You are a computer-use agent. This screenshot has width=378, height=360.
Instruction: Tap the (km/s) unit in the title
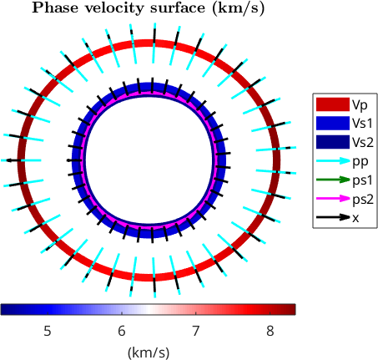tap(238, 8)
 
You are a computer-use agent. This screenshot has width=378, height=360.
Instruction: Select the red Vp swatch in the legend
tap(333, 104)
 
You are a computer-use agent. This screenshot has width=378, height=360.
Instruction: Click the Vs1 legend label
tap(362, 124)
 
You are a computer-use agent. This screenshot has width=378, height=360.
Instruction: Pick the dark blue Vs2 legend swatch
tap(333, 142)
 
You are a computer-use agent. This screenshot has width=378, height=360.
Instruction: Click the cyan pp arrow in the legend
tap(333, 160)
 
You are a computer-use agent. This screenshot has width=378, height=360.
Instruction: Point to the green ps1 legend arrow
tap(333, 180)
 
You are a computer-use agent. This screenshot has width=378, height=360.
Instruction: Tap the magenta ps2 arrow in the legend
tap(333, 199)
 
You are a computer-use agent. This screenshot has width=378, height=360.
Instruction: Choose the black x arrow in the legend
tap(333, 217)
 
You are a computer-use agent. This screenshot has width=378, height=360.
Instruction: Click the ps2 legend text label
tap(363, 200)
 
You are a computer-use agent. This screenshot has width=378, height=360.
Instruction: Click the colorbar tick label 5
tap(48, 331)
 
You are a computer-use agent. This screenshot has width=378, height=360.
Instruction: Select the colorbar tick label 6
tap(122, 331)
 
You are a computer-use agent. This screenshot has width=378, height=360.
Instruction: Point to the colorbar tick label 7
tap(196, 331)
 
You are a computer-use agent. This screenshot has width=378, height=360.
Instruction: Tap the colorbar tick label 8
tap(270, 331)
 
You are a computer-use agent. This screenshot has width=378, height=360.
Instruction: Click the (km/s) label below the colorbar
tap(149, 352)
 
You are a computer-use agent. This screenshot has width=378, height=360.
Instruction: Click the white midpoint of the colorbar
tap(148, 310)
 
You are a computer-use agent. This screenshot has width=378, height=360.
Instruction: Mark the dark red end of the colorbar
tap(292, 310)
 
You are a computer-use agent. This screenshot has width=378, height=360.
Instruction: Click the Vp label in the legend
tap(360, 105)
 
